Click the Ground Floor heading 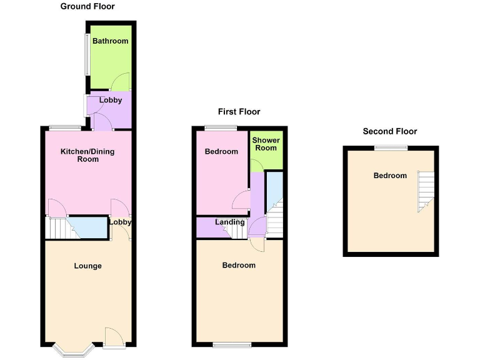click(x=87, y=6)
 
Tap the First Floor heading click(x=239, y=112)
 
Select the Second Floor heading click(x=389, y=131)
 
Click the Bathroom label click(x=111, y=41)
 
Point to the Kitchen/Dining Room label click(x=87, y=155)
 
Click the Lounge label click(x=87, y=266)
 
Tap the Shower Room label click(x=266, y=144)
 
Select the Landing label click(x=229, y=222)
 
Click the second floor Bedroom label click(x=390, y=176)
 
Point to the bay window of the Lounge click(x=73, y=349)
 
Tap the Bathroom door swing click(x=121, y=82)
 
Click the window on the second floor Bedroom click(x=391, y=147)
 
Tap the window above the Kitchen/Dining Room click(x=65, y=128)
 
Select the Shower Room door click(x=256, y=165)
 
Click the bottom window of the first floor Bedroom click(x=231, y=344)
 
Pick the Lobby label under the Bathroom click(x=111, y=100)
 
